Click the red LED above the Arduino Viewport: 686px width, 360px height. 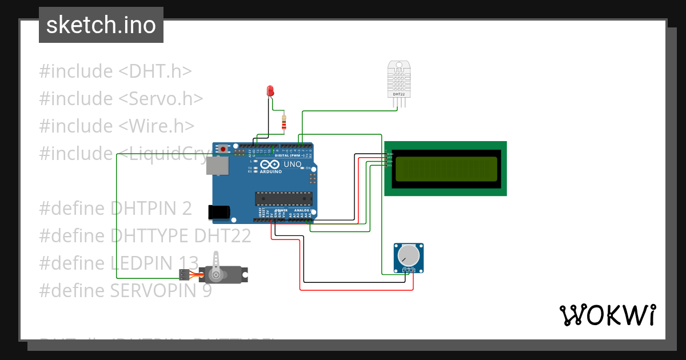(270, 90)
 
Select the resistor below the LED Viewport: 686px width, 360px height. (284, 122)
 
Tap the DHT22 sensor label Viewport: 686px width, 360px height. (398, 94)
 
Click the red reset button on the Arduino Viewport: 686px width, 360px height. (222, 149)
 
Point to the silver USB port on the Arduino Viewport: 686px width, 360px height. (217, 166)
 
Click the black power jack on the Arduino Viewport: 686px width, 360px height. (218, 212)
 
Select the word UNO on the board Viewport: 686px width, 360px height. (292, 164)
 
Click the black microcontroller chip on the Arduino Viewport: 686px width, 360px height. (284, 198)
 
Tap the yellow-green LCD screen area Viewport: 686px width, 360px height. (446, 169)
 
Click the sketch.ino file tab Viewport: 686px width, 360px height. (101, 25)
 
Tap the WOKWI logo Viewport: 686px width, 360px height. (607, 315)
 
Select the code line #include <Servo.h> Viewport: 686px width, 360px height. (121, 99)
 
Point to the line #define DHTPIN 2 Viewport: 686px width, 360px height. (115, 209)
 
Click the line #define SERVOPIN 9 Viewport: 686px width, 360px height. (125, 291)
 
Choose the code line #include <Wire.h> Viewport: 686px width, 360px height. (117, 126)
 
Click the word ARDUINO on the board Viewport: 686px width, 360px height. (271, 171)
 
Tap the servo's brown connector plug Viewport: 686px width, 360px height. (184, 274)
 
